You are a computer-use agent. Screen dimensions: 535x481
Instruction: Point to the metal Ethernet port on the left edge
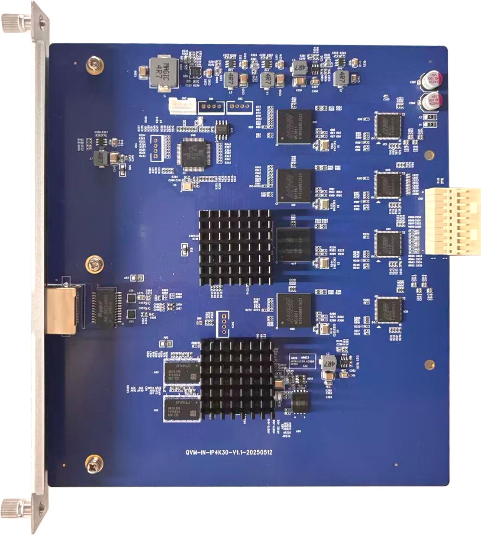(x=61, y=309)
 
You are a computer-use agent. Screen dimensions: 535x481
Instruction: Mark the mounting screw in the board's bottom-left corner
(x=94, y=462)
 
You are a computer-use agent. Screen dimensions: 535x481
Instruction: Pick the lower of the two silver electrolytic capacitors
(x=433, y=101)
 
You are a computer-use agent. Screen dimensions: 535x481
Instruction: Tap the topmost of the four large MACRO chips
(x=295, y=125)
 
